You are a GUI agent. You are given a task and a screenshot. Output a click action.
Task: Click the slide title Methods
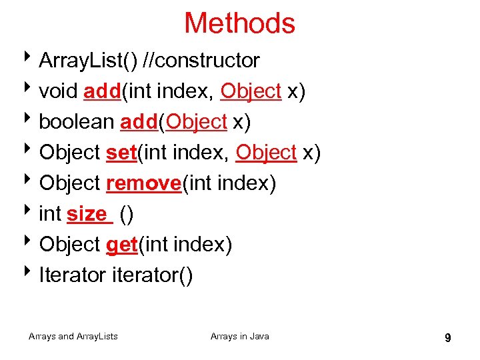239,23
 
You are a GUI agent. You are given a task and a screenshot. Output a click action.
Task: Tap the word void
58,91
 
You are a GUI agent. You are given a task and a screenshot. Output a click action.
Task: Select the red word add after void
101,91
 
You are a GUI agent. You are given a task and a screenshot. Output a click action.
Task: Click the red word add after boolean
138,122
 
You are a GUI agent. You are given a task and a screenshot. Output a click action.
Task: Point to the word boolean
77,122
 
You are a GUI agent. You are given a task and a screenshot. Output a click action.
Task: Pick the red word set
121,153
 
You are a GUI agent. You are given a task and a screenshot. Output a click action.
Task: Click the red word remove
143,183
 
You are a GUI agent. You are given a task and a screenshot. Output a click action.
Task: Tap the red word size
87,214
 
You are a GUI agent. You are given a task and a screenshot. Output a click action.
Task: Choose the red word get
121,245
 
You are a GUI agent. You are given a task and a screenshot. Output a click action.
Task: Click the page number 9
447,338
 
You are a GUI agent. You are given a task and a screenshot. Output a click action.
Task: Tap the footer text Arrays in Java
240,337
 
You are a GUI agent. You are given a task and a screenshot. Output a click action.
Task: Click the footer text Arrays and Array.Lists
73,337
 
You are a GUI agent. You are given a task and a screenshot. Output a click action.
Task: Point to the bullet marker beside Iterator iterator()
31,274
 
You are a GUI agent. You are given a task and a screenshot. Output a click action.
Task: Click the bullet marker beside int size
31,213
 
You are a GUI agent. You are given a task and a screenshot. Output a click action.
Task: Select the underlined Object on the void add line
251,91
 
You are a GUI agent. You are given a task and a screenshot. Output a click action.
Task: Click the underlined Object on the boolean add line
197,122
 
